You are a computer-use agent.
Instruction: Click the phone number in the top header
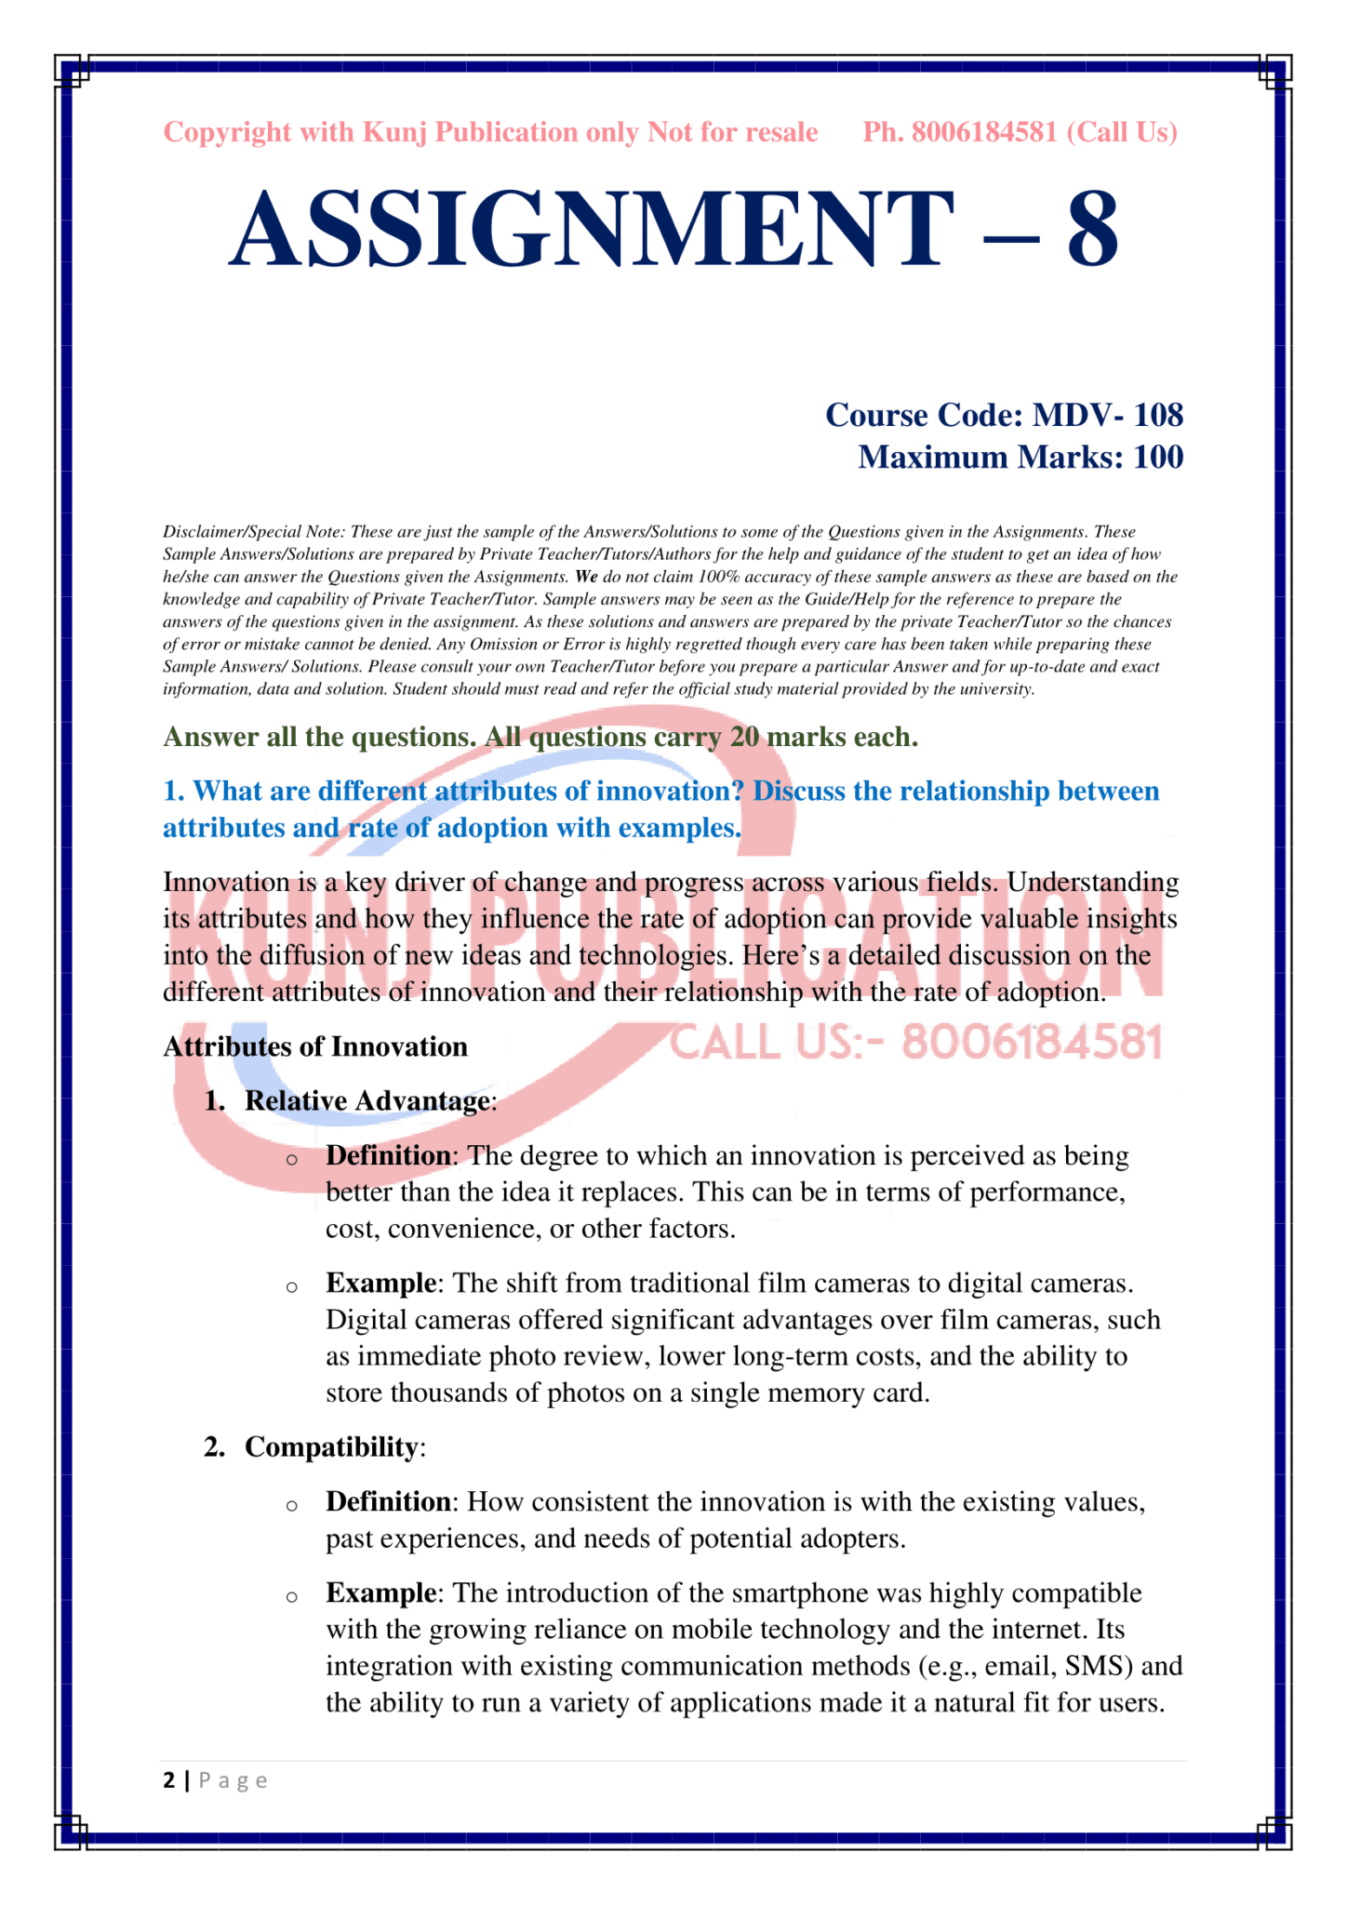(984, 133)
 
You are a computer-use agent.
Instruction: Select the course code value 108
(1158, 415)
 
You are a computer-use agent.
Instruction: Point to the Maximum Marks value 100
(1158, 458)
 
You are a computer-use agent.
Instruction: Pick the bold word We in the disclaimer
(586, 577)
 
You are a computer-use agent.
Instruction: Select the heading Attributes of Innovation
(315, 1047)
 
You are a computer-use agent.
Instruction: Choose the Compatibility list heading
(331, 1447)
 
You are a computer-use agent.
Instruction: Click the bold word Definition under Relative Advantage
(388, 1156)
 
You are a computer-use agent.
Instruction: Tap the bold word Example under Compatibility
(380, 1593)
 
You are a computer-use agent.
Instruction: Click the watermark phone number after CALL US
(1032, 1043)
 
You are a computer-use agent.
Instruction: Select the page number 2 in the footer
(168, 1780)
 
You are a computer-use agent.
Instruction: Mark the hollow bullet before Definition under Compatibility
(292, 1505)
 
